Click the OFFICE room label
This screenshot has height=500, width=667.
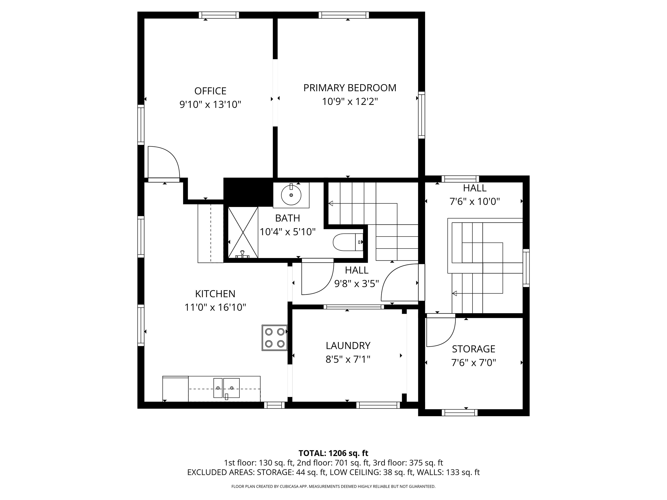pos(210,91)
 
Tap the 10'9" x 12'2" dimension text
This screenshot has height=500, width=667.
pos(350,102)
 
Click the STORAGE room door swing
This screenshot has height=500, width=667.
pos(440,331)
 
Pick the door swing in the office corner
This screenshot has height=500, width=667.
pos(163,162)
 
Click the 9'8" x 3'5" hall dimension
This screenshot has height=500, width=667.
pos(357,284)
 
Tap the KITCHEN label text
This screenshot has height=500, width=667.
pos(215,294)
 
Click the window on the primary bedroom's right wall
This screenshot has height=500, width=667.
pos(422,115)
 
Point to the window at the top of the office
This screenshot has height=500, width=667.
pos(219,15)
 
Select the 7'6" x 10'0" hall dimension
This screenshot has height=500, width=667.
pos(475,201)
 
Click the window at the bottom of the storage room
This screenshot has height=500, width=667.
pos(460,413)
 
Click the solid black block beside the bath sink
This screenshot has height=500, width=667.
pos(248,192)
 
